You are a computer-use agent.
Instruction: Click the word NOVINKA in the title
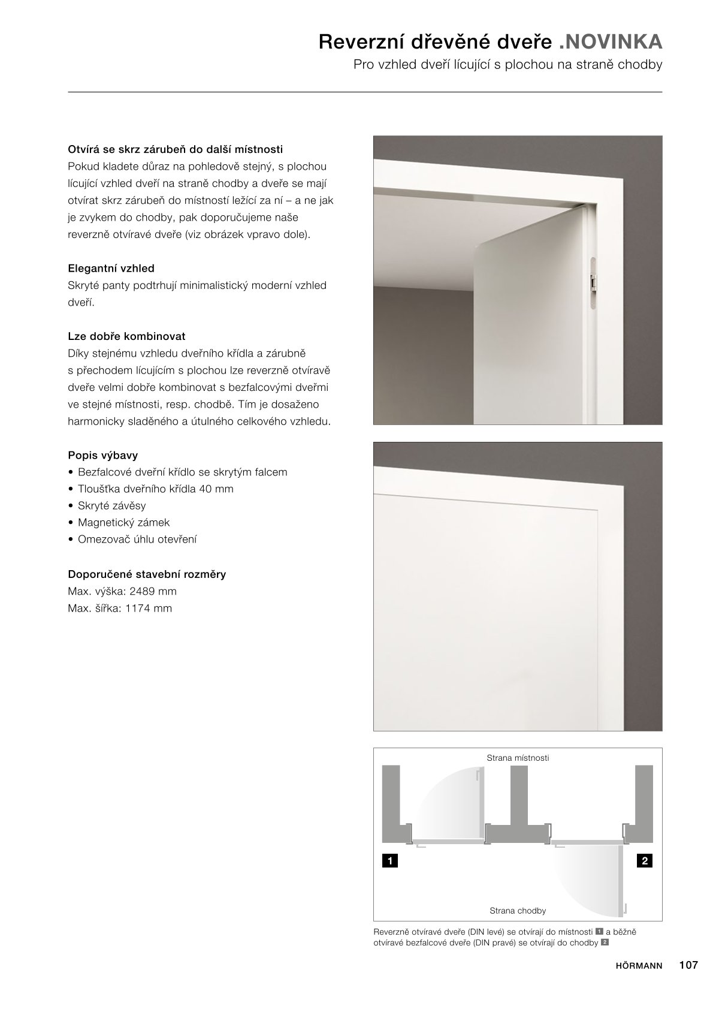(x=614, y=42)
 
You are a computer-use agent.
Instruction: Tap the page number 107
(x=688, y=965)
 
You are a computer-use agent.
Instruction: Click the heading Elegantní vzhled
(x=111, y=269)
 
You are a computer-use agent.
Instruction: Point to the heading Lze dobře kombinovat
(x=126, y=336)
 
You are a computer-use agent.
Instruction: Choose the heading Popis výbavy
(x=103, y=455)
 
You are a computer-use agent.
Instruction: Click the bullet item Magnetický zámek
(x=123, y=522)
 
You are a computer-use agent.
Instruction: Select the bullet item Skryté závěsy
(x=111, y=505)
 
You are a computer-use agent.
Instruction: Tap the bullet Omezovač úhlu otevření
(x=137, y=539)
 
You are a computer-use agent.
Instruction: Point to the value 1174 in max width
(x=141, y=608)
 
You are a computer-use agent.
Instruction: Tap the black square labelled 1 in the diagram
(x=390, y=861)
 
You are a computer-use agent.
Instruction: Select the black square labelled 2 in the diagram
(x=645, y=861)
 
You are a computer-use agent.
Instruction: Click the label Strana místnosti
(x=518, y=758)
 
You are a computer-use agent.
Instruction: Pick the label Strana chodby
(x=518, y=911)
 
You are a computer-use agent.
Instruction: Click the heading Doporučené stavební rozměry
(x=147, y=574)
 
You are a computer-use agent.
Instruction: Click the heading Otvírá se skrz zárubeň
(x=175, y=149)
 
